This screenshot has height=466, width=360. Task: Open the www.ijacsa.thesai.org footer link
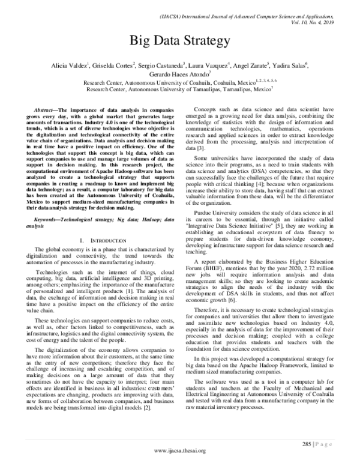(x=180, y=452)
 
